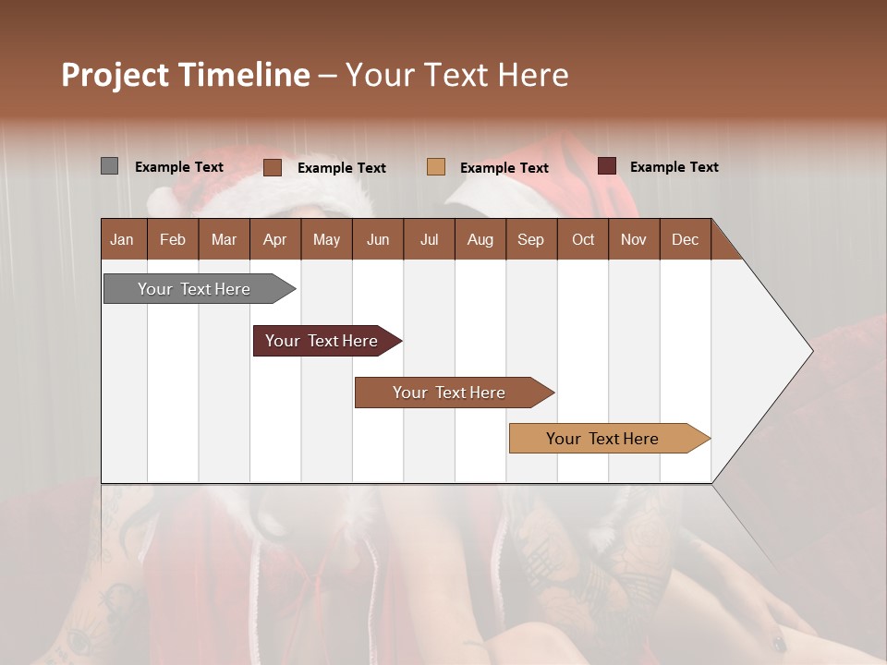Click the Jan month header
(x=122, y=239)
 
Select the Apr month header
(x=274, y=239)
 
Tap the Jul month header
(x=429, y=239)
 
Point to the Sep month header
(x=530, y=239)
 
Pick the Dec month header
(x=685, y=239)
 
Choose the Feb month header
(x=173, y=239)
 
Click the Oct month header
(x=583, y=239)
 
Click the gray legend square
(x=109, y=166)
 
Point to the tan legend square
(x=436, y=166)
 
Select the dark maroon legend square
(x=607, y=166)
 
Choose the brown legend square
(x=272, y=167)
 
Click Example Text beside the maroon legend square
(x=674, y=167)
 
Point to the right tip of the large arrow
(x=810, y=351)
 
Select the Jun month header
(x=378, y=239)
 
